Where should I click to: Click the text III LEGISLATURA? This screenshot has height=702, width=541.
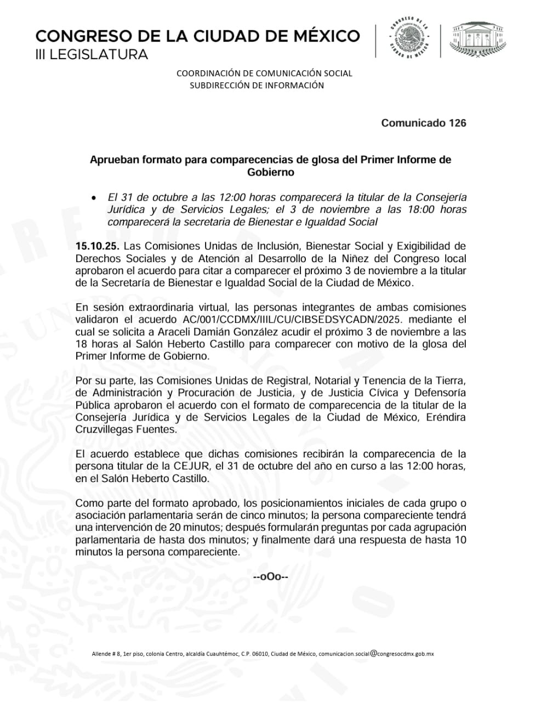[92, 55]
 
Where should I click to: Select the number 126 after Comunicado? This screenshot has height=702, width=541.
[457, 123]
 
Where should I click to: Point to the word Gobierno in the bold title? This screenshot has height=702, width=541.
[270, 172]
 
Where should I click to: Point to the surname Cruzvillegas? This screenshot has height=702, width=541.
[103, 429]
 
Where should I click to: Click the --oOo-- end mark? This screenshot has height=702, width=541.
[270, 577]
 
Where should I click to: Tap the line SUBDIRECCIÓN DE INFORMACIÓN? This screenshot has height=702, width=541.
[257, 86]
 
